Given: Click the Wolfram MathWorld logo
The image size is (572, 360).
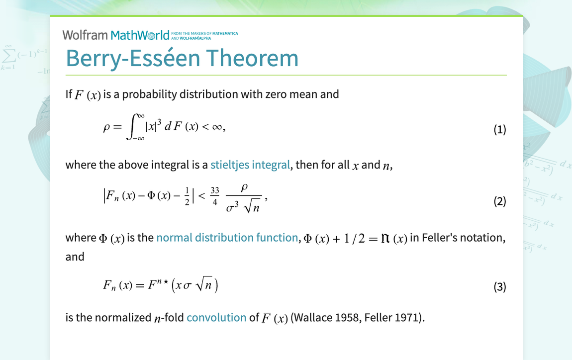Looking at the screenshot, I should pos(116,35).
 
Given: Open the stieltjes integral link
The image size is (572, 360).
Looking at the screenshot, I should pos(250,165).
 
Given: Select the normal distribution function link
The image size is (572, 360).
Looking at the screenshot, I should pos(227,238).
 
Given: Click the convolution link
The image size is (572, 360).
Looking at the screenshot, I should pos(216,317).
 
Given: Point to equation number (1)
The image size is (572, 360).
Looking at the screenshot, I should pos(499,130).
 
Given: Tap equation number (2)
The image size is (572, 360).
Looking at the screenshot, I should pos(499,201).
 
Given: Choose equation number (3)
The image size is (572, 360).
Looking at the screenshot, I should pos(499,287).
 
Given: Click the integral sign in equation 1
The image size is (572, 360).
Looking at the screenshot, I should pos(133,127).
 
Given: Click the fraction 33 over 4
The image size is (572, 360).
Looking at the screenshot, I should pos(215,196).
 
